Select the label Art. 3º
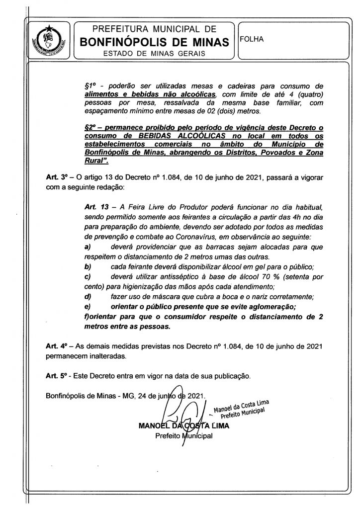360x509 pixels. tap(55, 176)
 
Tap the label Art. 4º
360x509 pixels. tap(55, 346)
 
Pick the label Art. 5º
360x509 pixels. tap(55, 375)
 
